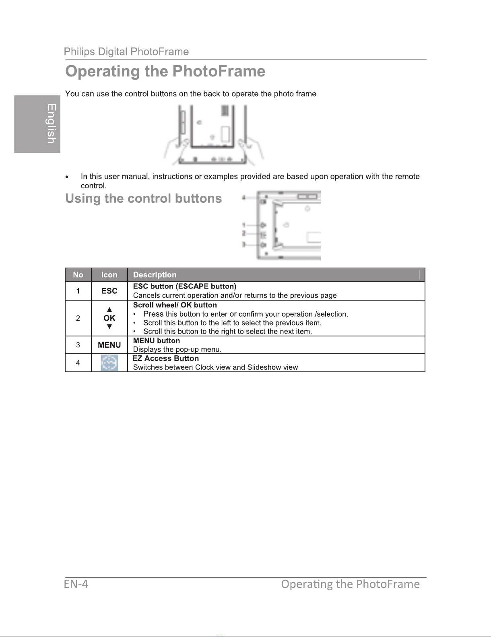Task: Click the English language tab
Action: (x=37, y=124)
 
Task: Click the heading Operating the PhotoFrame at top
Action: (x=165, y=71)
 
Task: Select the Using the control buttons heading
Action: (x=144, y=198)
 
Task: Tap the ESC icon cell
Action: (x=109, y=291)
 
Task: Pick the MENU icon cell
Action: (x=109, y=345)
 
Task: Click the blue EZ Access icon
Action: (x=109, y=363)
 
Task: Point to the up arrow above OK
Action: (x=109, y=309)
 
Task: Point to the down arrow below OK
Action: (x=109, y=327)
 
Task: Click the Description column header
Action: (x=155, y=275)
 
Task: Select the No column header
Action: (x=78, y=275)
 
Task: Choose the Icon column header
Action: (x=109, y=275)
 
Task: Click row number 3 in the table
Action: (x=78, y=345)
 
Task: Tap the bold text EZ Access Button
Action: (x=166, y=358)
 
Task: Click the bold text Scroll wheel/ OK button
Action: (x=175, y=305)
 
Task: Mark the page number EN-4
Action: (x=76, y=584)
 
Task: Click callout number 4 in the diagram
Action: (x=243, y=198)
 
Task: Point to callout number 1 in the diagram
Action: (x=243, y=225)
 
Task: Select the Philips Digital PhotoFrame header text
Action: (x=126, y=52)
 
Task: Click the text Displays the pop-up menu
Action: (x=177, y=349)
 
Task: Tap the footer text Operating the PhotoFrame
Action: (x=350, y=584)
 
